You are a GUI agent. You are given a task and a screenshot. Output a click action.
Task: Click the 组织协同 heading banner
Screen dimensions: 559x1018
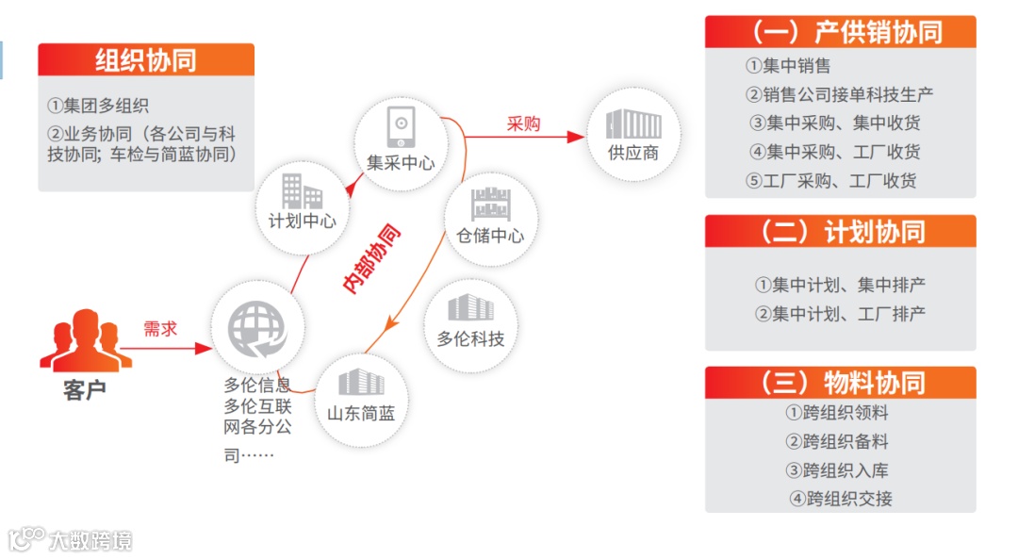(x=146, y=59)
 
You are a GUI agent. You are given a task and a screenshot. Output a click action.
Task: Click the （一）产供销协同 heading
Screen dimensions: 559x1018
(x=840, y=32)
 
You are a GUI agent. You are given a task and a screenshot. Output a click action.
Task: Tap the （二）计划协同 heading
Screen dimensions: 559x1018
(x=840, y=232)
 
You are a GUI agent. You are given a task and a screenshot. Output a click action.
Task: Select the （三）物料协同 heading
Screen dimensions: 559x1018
(x=840, y=383)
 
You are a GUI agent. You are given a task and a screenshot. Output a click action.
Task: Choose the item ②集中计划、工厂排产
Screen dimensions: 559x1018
(x=840, y=314)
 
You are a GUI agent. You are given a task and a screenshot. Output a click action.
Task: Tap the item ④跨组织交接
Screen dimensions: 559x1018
(x=841, y=499)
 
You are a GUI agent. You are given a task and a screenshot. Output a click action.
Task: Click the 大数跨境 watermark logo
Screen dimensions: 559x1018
(x=71, y=539)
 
